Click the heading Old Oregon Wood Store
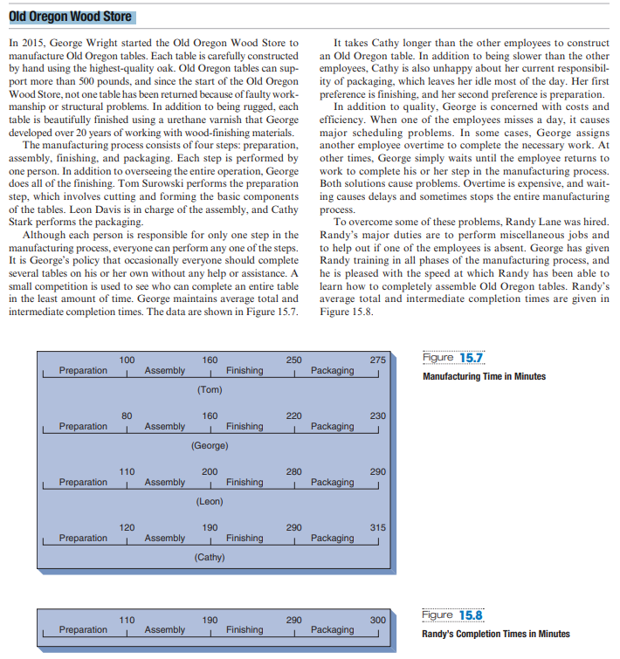(71, 17)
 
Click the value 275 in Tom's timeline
(377, 360)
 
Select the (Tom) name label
(210, 389)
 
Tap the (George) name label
(210, 445)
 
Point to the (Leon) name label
(210, 501)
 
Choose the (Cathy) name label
(210, 557)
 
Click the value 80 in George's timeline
(127, 415)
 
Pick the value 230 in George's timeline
(377, 415)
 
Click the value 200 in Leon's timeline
(210, 471)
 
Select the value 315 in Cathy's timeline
(377, 527)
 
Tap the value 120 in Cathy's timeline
(127, 527)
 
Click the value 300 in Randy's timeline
(377, 619)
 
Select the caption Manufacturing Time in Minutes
(484, 376)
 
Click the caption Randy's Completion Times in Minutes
(495, 634)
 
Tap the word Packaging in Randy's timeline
(332, 630)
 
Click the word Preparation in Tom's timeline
(83, 371)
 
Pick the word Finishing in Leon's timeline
(245, 483)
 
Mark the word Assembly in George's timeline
(165, 427)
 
